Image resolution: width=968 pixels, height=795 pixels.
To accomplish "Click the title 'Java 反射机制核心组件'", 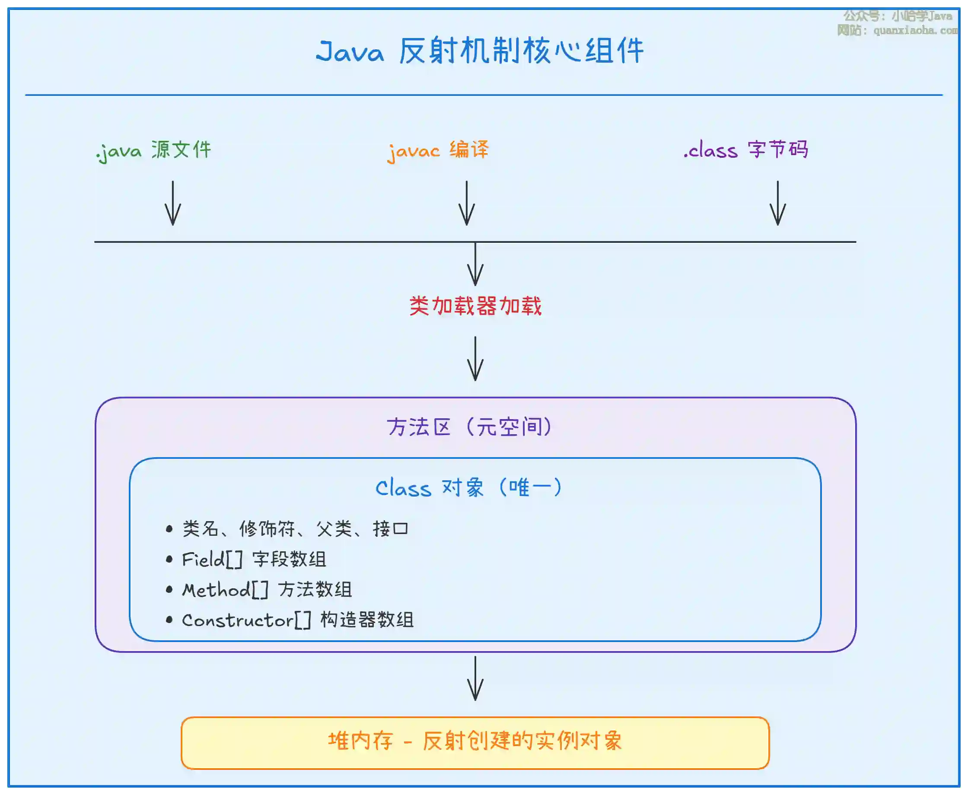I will click(x=480, y=51).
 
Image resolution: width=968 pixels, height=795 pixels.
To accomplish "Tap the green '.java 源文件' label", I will click(x=154, y=150).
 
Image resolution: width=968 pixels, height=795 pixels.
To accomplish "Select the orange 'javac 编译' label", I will click(x=438, y=150).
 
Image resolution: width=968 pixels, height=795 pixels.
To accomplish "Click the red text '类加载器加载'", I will click(x=475, y=306).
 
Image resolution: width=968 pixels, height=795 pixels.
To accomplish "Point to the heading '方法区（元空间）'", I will click(x=470, y=427).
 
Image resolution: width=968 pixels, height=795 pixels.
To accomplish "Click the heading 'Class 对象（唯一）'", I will click(x=469, y=488).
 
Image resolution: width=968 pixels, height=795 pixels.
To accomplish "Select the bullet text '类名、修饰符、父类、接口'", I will click(x=295, y=529).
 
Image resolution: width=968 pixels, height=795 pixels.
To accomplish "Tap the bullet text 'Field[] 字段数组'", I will click(x=254, y=559).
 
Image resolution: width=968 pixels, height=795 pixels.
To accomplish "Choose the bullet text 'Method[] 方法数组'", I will click(x=267, y=590).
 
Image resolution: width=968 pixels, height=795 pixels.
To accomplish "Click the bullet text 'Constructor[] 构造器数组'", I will click(x=298, y=620).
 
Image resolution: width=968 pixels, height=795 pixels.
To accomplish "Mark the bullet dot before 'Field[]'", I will click(x=169, y=559).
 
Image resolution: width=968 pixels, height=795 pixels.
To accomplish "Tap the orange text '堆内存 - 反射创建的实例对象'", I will click(x=475, y=741).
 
